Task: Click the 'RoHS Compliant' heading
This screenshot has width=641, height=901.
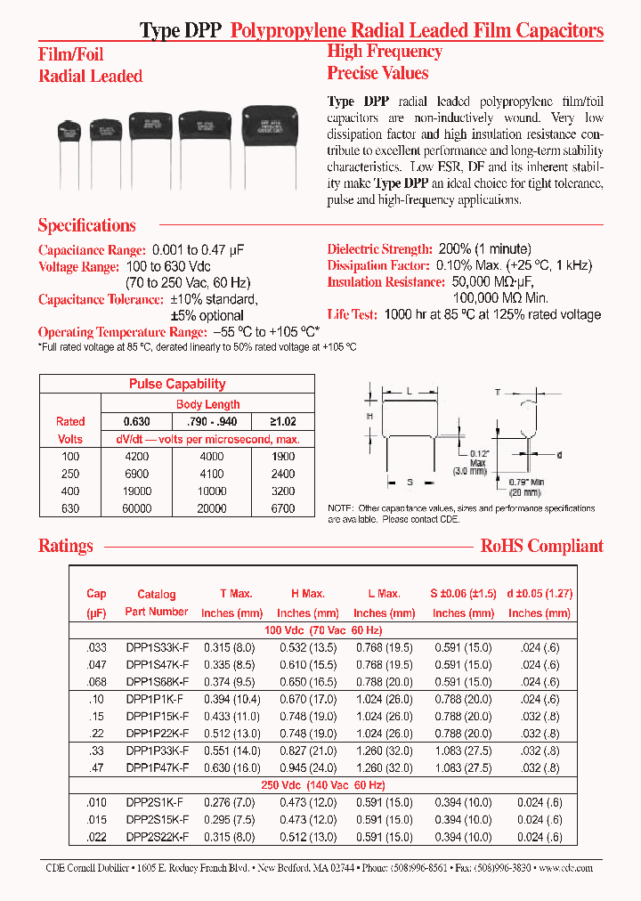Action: pos(541,546)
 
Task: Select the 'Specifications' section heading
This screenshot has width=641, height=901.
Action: pos(87,225)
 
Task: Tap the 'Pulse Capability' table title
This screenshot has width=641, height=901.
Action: pos(177,384)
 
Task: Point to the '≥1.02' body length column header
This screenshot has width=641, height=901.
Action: pos(282,421)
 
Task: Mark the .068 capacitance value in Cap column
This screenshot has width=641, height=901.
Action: pos(96,682)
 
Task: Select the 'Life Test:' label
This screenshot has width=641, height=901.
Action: pos(352,314)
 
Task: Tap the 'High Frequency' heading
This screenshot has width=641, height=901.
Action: pos(384,52)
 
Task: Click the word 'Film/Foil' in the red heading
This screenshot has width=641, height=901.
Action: pos(71,54)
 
